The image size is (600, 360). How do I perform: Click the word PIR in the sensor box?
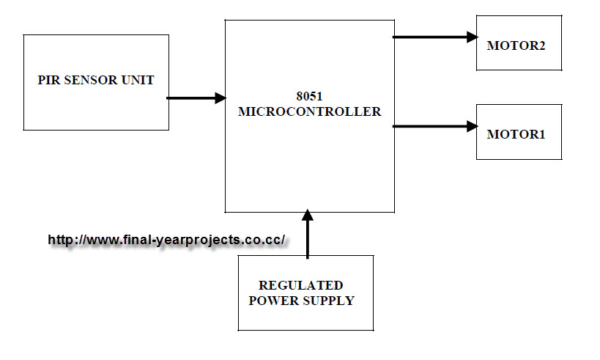coord(48,80)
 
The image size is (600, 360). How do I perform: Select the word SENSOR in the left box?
coord(88,80)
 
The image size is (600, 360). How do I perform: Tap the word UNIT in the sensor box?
coord(138,80)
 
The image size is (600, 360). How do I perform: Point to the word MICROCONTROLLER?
coord(309,112)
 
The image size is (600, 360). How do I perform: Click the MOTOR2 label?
coord(516,46)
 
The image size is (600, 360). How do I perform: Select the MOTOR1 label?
coord(516,135)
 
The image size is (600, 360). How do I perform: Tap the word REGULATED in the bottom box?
coord(300,285)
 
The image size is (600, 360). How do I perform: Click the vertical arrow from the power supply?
coord(308,235)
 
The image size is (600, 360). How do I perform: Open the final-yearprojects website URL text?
coord(166,240)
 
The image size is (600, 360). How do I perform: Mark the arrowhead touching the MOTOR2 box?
coord(472,37)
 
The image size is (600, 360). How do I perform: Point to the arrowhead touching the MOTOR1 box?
coord(472,126)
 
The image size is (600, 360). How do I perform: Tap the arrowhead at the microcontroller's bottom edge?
coord(308,216)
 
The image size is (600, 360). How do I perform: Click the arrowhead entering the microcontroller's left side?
coord(220,98)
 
